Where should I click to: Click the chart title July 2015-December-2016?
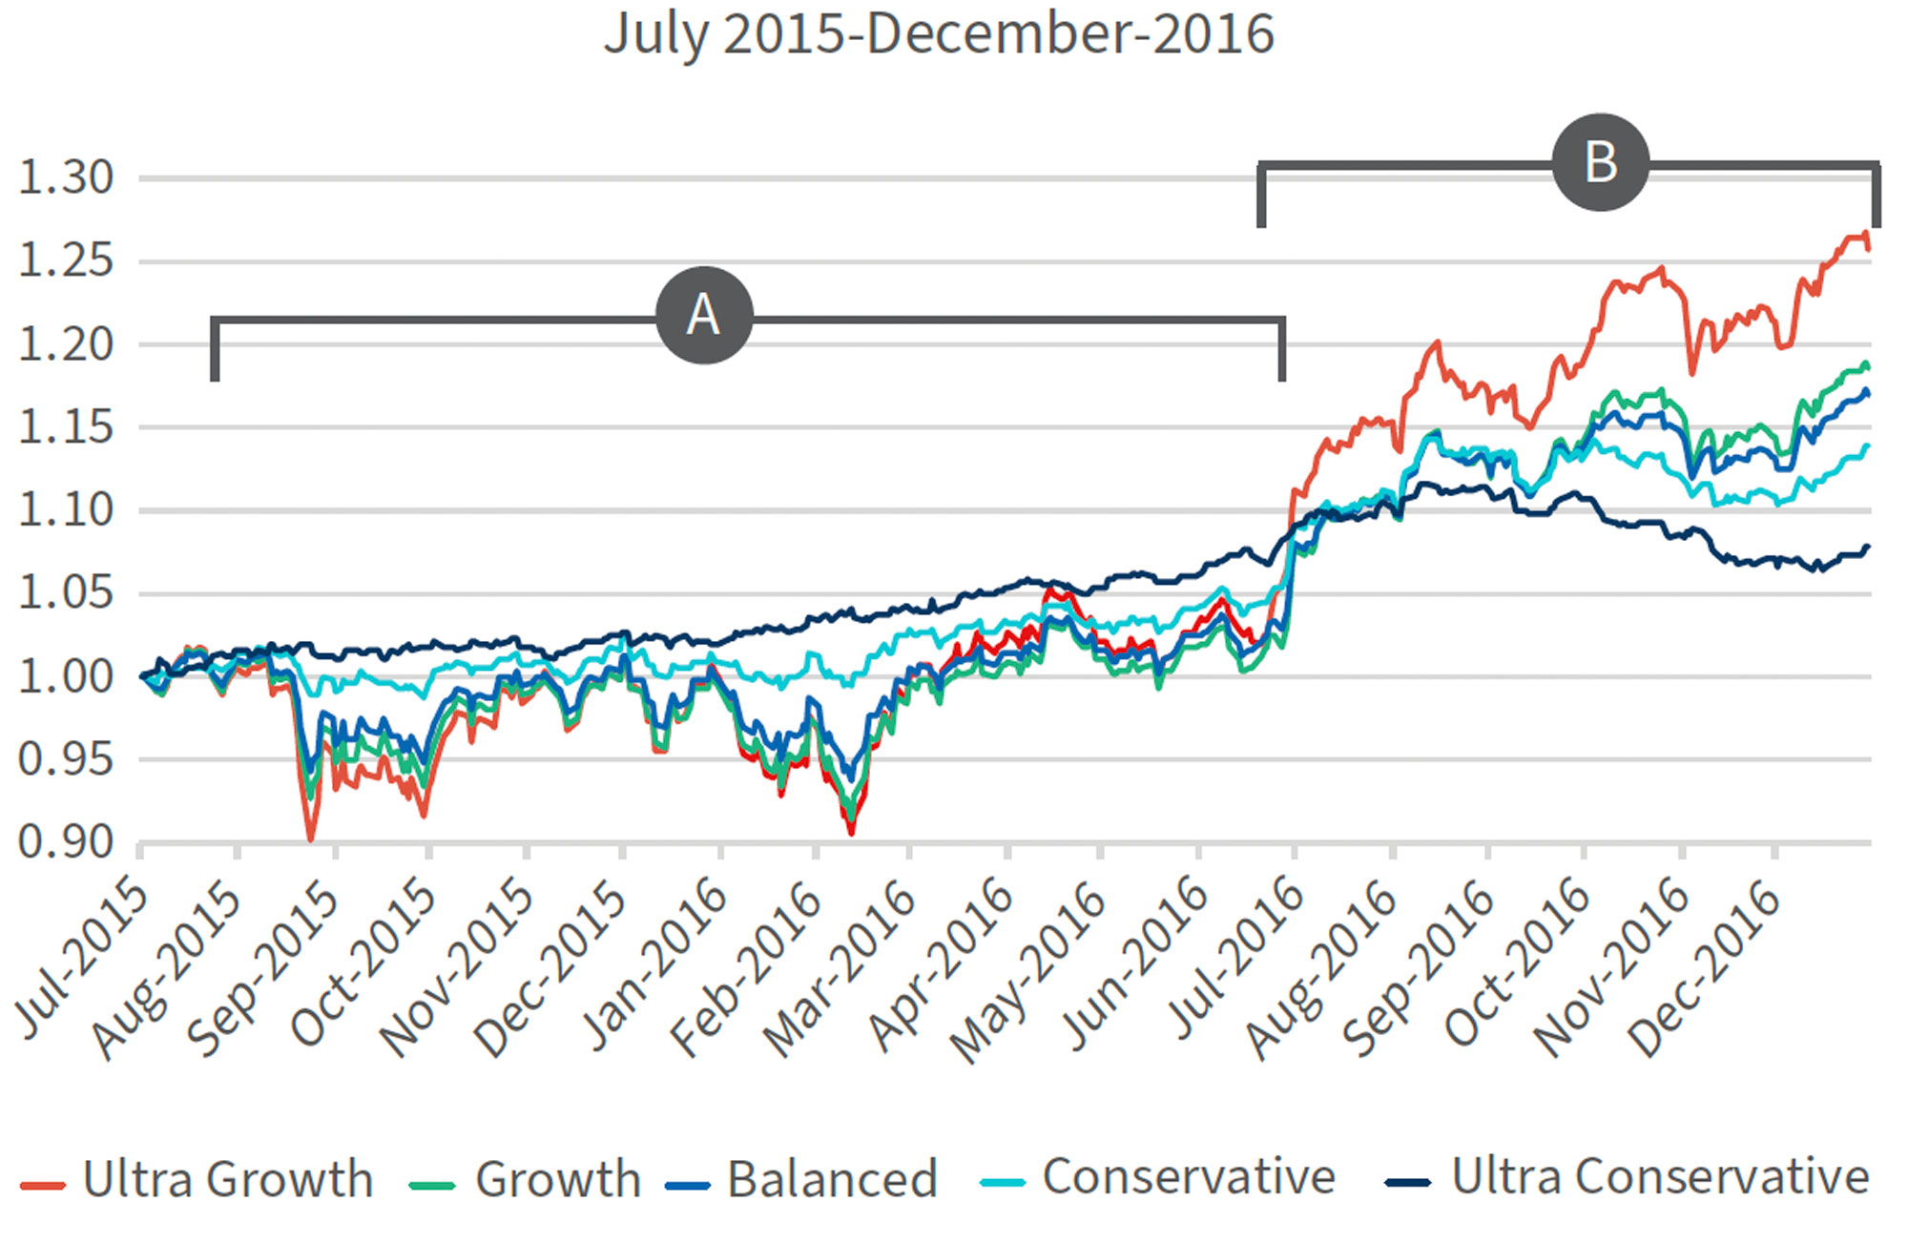click(939, 34)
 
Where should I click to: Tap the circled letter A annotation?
click(704, 316)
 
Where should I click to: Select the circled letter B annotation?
click(1600, 162)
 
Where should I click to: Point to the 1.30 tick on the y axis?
click(66, 178)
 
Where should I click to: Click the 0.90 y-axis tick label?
click(66, 842)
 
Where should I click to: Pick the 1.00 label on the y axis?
click(66, 676)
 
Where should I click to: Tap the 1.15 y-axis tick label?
click(66, 427)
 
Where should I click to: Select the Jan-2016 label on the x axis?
click(655, 963)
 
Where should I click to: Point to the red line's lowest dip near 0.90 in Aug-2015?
click(310, 839)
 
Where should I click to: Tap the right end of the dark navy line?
click(1867, 548)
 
